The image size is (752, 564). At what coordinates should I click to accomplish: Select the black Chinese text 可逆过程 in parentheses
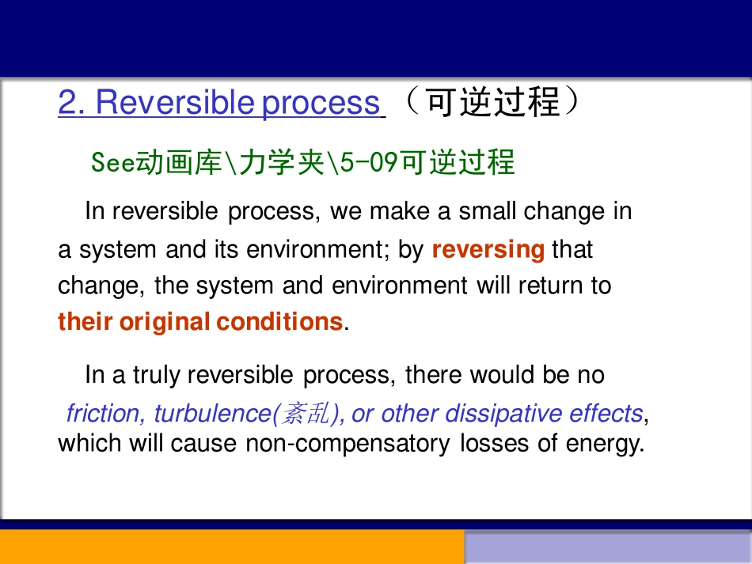493,102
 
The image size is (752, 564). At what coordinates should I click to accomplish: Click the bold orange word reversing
488,250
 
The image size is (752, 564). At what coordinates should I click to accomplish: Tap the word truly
156,374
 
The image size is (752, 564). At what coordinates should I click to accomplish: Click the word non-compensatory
349,444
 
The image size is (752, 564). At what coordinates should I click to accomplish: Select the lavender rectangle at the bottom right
607,547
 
